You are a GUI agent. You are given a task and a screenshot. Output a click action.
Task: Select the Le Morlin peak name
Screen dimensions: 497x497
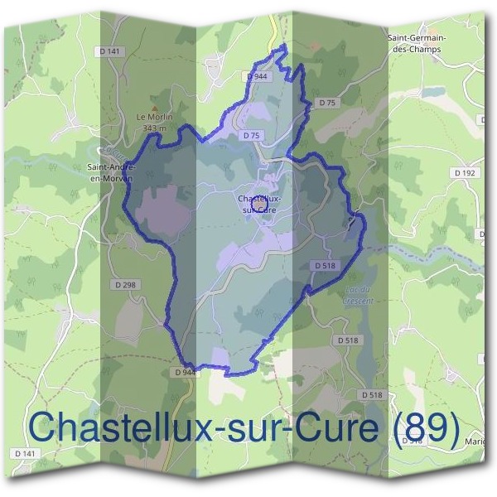[153, 118]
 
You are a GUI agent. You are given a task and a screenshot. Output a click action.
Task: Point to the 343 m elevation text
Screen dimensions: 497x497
[155, 128]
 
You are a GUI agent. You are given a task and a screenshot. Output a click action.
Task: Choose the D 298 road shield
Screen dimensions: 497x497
[123, 284]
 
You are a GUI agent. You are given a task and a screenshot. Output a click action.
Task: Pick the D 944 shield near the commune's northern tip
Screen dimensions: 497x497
[258, 75]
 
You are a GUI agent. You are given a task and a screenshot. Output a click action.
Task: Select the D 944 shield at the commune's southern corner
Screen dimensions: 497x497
[186, 373]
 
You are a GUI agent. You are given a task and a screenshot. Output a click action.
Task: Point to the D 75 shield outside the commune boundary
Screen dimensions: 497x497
[327, 103]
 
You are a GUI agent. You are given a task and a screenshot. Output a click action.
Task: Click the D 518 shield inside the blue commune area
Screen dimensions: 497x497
[324, 265]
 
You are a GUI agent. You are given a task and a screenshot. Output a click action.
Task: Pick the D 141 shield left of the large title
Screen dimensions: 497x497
[25, 454]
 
